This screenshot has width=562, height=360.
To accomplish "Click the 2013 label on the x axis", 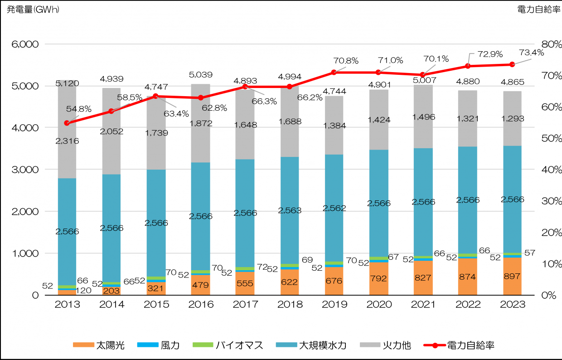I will click(x=67, y=305).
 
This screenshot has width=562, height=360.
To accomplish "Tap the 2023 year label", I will click(x=512, y=305).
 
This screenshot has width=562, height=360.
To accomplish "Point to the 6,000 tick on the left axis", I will click(x=25, y=44).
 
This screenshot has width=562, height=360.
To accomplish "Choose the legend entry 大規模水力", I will click(x=322, y=345).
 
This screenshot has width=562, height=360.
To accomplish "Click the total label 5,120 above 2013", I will click(x=68, y=83).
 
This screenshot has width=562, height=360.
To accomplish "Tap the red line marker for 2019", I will click(x=334, y=72).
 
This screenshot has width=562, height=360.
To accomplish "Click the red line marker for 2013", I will click(x=67, y=123).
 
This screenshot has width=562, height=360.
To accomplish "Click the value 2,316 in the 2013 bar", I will click(x=67, y=141).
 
